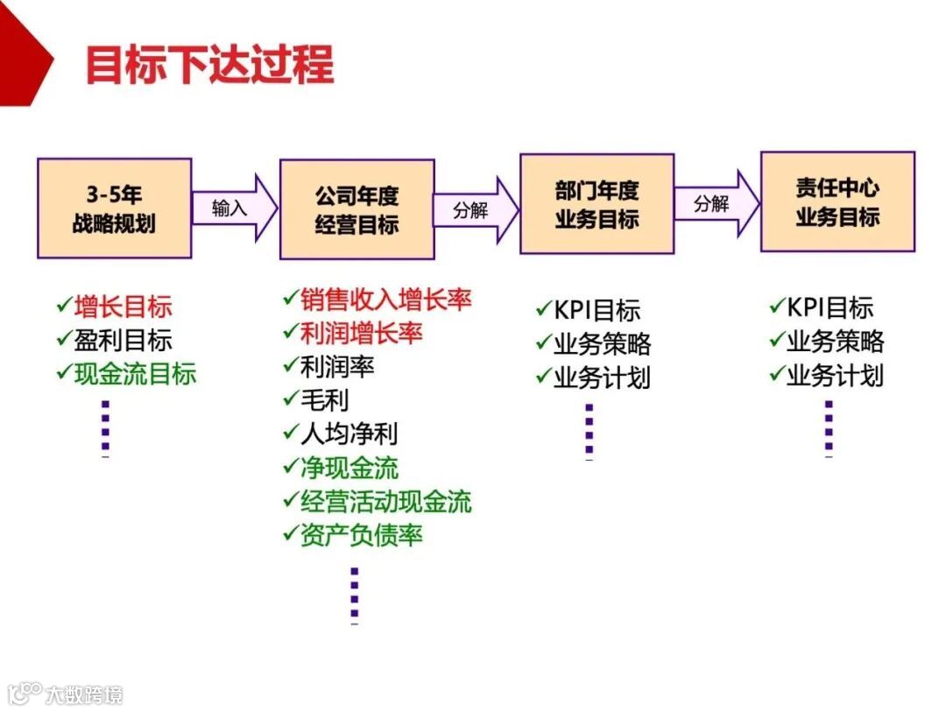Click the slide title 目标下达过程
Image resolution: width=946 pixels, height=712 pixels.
click(x=209, y=65)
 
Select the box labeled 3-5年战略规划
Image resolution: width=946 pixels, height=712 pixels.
click(x=114, y=208)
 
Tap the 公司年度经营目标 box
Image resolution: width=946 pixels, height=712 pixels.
click(x=357, y=209)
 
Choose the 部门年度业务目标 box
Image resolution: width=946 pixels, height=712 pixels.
click(x=597, y=204)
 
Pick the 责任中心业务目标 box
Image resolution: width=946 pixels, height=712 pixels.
click(x=837, y=202)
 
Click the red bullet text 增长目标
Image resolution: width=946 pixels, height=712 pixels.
click(x=123, y=307)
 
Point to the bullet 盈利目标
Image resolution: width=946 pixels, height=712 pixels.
click(x=123, y=340)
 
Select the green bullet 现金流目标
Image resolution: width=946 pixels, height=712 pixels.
click(x=135, y=374)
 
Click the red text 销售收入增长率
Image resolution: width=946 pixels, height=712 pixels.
click(x=385, y=300)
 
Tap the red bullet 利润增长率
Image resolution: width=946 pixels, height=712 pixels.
click(x=361, y=333)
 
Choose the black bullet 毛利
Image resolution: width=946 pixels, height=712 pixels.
click(x=324, y=400)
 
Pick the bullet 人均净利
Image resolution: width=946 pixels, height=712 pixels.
click(x=349, y=434)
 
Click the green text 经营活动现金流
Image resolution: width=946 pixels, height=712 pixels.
click(x=385, y=501)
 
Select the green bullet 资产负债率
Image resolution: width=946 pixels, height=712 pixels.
click(x=361, y=534)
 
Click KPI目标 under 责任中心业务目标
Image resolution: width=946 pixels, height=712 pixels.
click(x=830, y=307)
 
